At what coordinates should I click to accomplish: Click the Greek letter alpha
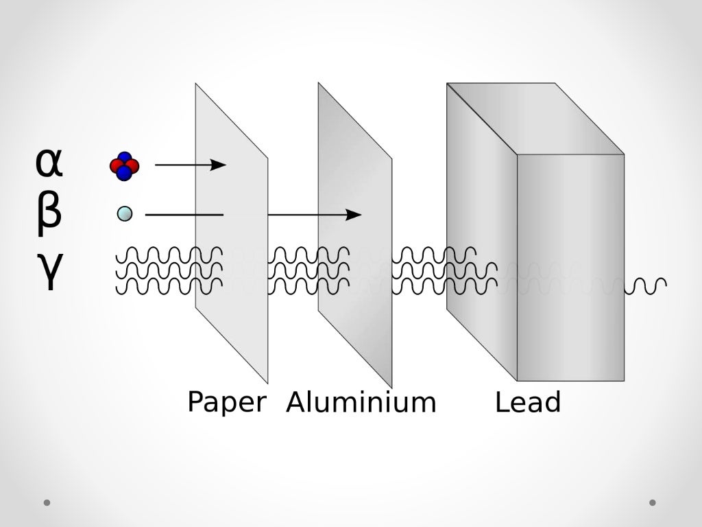(49, 163)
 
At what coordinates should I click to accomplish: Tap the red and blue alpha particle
(124, 166)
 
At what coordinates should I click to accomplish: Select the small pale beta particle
(125, 214)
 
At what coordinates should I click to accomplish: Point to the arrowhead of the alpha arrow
(219, 165)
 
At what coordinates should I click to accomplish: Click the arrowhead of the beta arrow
(354, 215)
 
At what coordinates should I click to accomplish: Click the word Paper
(226, 402)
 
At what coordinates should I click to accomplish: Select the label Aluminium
(361, 402)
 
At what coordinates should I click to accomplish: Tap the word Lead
(528, 402)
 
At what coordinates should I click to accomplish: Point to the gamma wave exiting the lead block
(649, 283)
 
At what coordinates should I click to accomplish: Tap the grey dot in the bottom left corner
(47, 502)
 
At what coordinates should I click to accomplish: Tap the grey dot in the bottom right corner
(653, 502)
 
